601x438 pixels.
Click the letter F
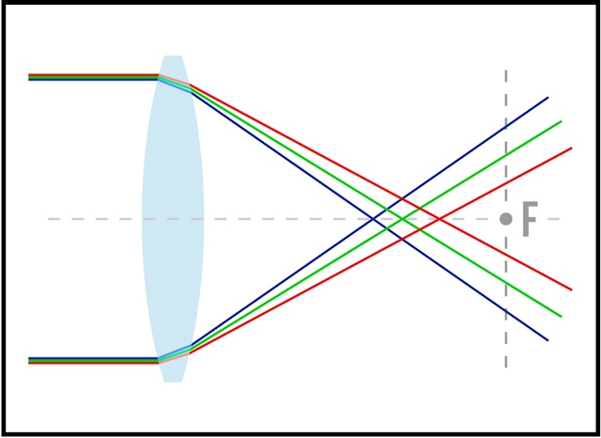pyautogui.click(x=530, y=219)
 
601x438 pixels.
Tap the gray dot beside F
pyautogui.click(x=506, y=219)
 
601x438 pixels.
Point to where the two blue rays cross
pyautogui.click(x=372, y=219)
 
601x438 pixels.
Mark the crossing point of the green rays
pyautogui.click(x=403, y=219)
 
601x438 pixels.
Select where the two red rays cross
pyautogui.click(x=439, y=219)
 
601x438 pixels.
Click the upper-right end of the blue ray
pyautogui.click(x=548, y=98)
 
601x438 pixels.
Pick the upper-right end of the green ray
pyautogui.click(x=562, y=121)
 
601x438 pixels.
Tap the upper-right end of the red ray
pyautogui.click(x=572, y=149)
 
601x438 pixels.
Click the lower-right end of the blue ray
pyautogui.click(x=548, y=340)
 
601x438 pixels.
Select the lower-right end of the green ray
pyautogui.click(x=562, y=317)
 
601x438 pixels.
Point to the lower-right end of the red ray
pyautogui.click(x=572, y=289)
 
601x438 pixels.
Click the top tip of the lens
pyautogui.click(x=173, y=56)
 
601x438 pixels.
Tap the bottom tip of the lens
pyautogui.click(x=173, y=382)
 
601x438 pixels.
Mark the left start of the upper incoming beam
pyautogui.click(x=29, y=77)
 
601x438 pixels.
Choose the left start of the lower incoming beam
pyautogui.click(x=29, y=361)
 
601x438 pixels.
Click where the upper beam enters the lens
pyautogui.click(x=159, y=77)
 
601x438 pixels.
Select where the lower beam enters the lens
pyautogui.click(x=159, y=361)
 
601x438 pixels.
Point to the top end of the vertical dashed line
pyautogui.click(x=506, y=70)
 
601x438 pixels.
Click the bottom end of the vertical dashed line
pyautogui.click(x=506, y=368)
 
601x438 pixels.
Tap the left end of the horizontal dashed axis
pyautogui.click(x=49, y=219)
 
